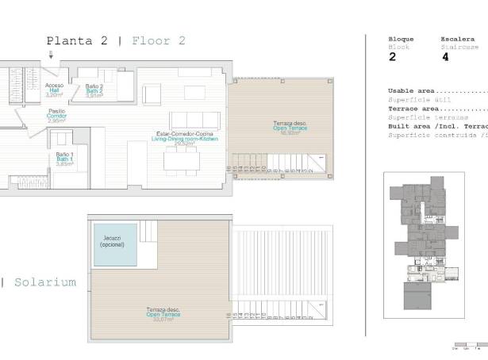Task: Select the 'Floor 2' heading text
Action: pyautogui.click(x=159, y=40)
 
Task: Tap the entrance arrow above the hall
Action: pyautogui.click(x=52, y=55)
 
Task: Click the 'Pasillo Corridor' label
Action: pyautogui.click(x=56, y=116)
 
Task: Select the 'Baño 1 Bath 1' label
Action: pyautogui.click(x=65, y=159)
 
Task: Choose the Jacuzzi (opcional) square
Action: pyautogui.click(x=116, y=243)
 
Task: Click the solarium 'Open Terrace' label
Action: pyautogui.click(x=163, y=315)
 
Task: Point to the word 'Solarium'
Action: pyautogui.click(x=45, y=281)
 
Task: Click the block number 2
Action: pyautogui.click(x=392, y=57)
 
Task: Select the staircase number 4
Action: pyautogui.click(x=445, y=57)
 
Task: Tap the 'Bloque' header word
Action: pyautogui.click(x=401, y=39)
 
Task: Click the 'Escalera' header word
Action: pyautogui.click(x=457, y=39)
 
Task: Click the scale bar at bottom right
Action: pyautogui.click(x=468, y=347)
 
